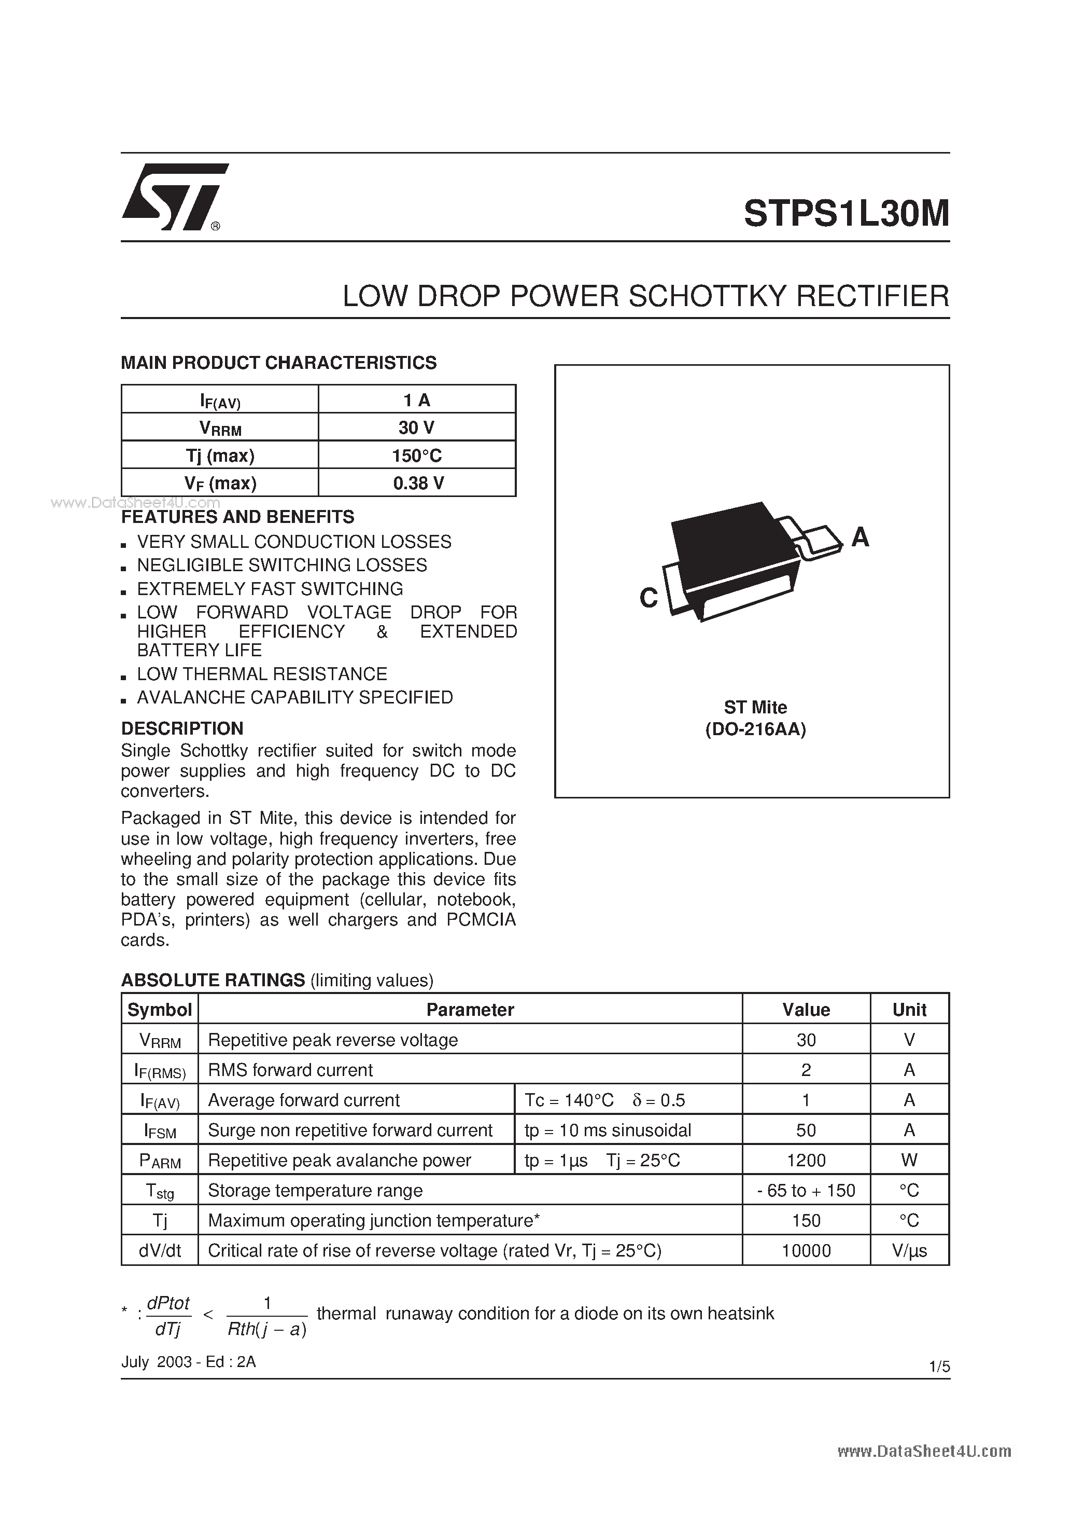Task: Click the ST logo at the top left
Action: [x=173, y=197]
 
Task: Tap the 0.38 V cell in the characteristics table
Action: [x=417, y=483]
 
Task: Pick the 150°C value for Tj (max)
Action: [x=417, y=455]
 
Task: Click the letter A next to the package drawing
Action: [x=859, y=537]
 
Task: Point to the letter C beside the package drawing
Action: [x=649, y=598]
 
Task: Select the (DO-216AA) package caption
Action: [x=755, y=729]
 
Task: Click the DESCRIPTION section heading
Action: [x=182, y=728]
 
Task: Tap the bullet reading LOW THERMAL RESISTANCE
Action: [x=261, y=674]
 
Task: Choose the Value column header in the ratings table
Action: [x=806, y=1010]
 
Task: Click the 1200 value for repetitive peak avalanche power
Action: [x=806, y=1160]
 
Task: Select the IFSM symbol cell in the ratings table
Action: [x=160, y=1130]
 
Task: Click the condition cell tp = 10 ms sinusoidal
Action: [x=608, y=1130]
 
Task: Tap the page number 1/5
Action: [x=938, y=1367]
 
